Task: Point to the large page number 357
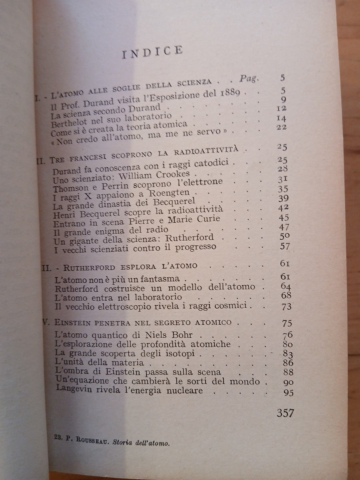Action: [x=285, y=413]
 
